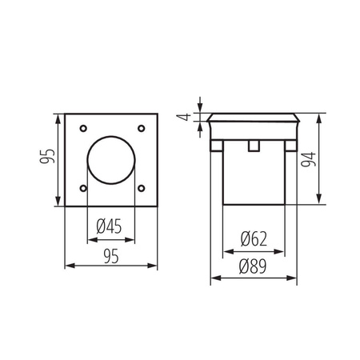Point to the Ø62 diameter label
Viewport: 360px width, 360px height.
252,237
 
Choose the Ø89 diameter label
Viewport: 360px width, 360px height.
252,269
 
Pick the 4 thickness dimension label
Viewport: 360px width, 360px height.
184,118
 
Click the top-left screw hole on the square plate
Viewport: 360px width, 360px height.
83,129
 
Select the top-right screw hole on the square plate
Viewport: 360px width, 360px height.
141,129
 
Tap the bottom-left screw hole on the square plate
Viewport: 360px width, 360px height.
83,189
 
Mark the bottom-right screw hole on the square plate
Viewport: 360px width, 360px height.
141,189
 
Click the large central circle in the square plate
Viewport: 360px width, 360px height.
111,159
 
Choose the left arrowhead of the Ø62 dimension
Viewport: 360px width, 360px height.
223,248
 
